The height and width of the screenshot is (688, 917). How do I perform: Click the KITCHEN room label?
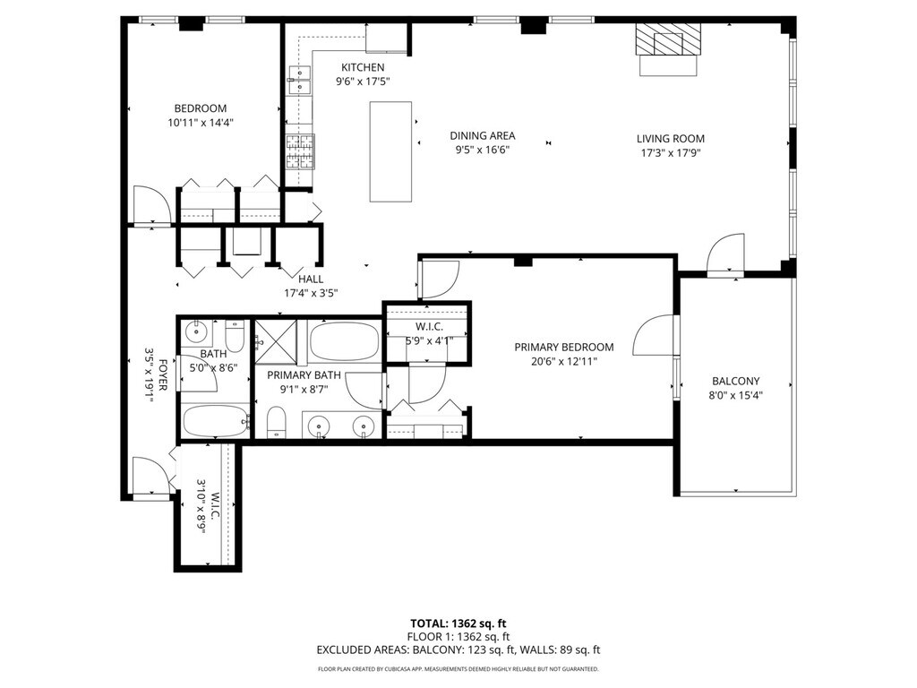pyautogui.click(x=363, y=67)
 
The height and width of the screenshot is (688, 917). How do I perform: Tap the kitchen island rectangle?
pyautogui.click(x=390, y=152)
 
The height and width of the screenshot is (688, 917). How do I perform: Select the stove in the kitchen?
pyautogui.click(x=300, y=151)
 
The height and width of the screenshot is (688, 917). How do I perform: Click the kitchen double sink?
pyautogui.click(x=299, y=80)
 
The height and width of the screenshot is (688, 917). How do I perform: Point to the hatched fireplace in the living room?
pyautogui.click(x=668, y=39)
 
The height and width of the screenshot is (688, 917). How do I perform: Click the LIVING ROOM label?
pyautogui.click(x=670, y=139)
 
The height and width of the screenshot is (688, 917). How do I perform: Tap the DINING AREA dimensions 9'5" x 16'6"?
pyautogui.click(x=483, y=150)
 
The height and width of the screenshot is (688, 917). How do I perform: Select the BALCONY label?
pyautogui.click(x=736, y=381)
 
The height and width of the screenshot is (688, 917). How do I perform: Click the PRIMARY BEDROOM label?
pyautogui.click(x=564, y=347)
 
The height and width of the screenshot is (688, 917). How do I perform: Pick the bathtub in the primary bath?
pyautogui.click(x=344, y=341)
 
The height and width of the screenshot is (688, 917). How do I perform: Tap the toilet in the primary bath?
pyautogui.click(x=276, y=423)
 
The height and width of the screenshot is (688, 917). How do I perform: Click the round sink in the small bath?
pyautogui.click(x=196, y=332)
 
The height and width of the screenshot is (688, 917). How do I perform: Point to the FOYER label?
pyautogui.click(x=163, y=375)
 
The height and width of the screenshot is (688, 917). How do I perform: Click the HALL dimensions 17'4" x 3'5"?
pyautogui.click(x=311, y=293)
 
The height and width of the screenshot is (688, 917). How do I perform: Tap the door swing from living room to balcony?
pyautogui.click(x=725, y=252)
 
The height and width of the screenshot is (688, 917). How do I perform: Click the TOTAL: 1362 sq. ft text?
pyautogui.click(x=458, y=623)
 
